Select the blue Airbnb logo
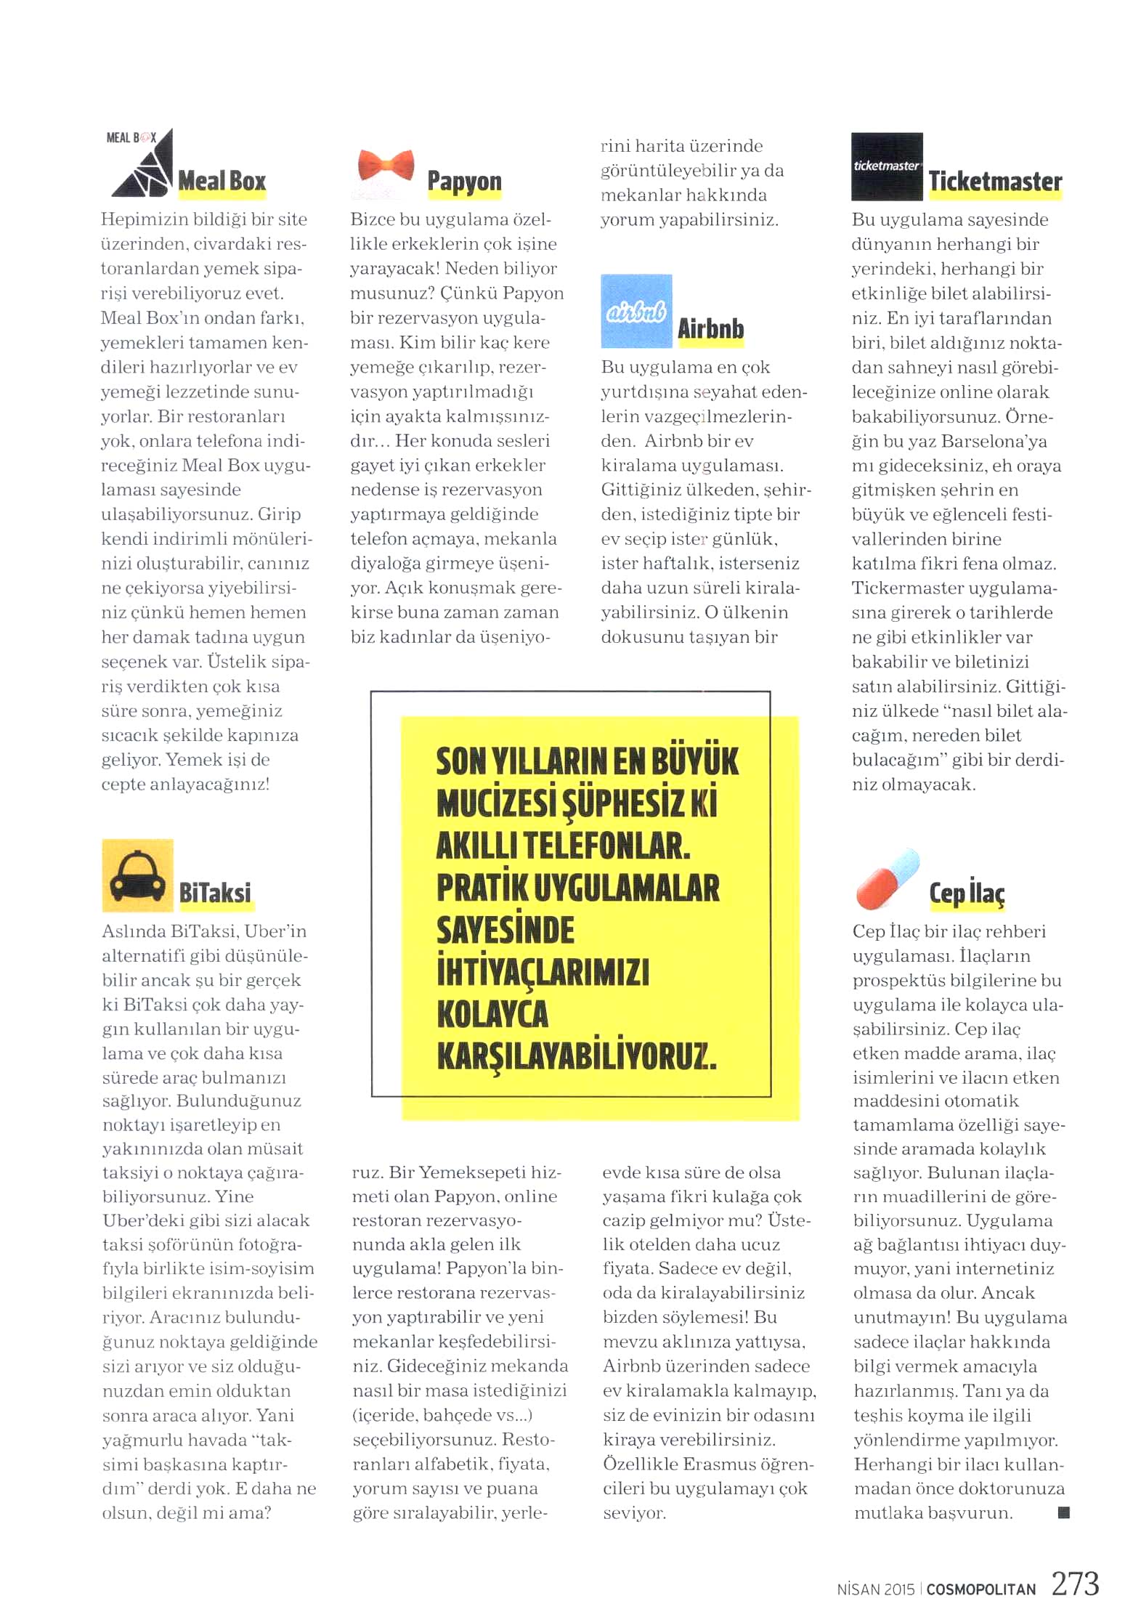(x=636, y=311)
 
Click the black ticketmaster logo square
(x=886, y=166)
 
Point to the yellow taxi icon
(x=137, y=875)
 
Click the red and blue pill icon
(x=888, y=878)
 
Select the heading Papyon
(x=464, y=181)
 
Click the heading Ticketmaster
(x=995, y=181)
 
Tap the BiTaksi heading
(x=215, y=892)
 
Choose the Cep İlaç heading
(x=967, y=893)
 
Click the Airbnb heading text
(x=710, y=328)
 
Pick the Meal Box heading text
(x=222, y=181)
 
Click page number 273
(x=1075, y=1584)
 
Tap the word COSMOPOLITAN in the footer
(x=980, y=1589)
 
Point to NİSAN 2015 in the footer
(x=875, y=1589)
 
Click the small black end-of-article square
(x=1064, y=1512)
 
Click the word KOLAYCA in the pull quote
(x=492, y=1014)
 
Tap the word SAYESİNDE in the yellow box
(x=505, y=931)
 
